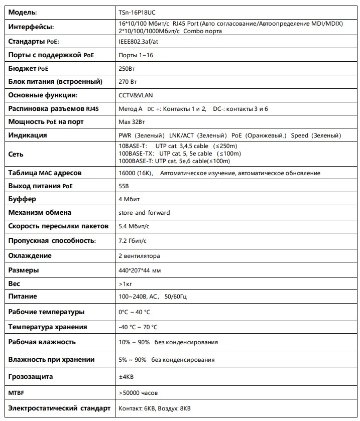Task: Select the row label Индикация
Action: [28, 135]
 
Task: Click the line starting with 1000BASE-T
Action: [174, 161]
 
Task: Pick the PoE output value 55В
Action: [124, 186]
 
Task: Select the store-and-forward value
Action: [144, 213]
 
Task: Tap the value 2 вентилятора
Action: [139, 255]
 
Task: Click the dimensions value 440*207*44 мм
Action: [140, 270]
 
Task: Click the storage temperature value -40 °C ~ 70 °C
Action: [138, 327]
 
